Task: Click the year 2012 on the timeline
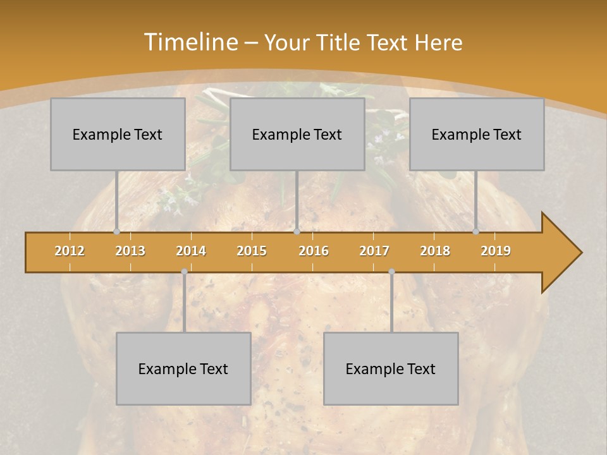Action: [x=70, y=251]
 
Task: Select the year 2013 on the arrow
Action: [x=130, y=251]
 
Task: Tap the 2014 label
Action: [x=191, y=251]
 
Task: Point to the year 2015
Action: [x=252, y=251]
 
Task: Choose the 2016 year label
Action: [x=314, y=251]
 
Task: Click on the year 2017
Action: [x=374, y=251]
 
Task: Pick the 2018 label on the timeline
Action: [x=435, y=251]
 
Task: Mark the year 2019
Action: [x=496, y=251]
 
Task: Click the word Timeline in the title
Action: [x=190, y=42]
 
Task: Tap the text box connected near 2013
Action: [x=118, y=134]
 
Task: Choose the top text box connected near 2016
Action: [x=297, y=134]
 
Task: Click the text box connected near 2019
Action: [x=477, y=134]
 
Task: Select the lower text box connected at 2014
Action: [x=183, y=368]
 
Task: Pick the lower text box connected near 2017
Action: [x=391, y=368]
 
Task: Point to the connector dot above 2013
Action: [x=116, y=232]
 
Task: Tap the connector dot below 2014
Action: [x=184, y=271]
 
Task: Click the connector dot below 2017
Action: [x=391, y=271]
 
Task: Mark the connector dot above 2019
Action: [x=476, y=232]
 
